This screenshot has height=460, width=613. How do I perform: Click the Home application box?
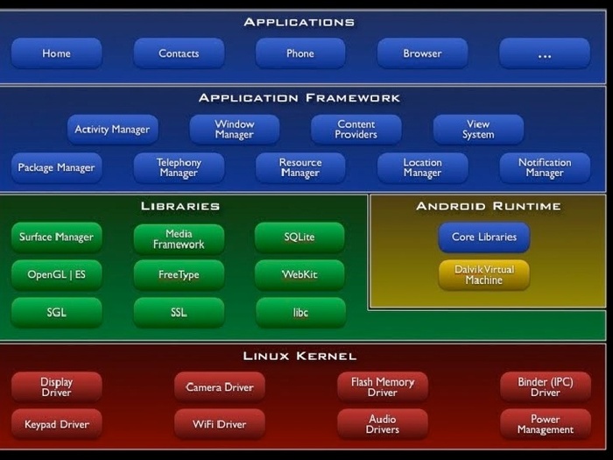click(x=57, y=53)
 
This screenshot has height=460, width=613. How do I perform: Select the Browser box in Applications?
click(x=422, y=53)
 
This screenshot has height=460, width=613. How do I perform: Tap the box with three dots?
click(x=544, y=53)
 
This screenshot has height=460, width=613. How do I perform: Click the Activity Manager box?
click(x=112, y=130)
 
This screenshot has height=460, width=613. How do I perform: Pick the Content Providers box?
click(x=356, y=130)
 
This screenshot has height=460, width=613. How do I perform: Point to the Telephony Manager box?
click(x=179, y=167)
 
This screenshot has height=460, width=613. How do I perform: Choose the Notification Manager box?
click(x=544, y=167)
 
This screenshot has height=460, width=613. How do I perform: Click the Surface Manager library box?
click(x=57, y=237)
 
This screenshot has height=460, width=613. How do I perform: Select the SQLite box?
click(x=299, y=237)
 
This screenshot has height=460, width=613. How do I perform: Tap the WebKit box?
click(x=299, y=275)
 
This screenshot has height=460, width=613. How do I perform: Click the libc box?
click(x=299, y=313)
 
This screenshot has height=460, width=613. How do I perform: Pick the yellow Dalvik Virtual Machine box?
click(x=483, y=274)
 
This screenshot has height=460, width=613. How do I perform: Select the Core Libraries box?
click(x=483, y=237)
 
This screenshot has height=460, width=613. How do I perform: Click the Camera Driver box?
click(x=220, y=387)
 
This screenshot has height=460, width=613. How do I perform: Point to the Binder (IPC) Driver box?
click(x=544, y=387)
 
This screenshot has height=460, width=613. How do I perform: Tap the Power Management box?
click(x=544, y=424)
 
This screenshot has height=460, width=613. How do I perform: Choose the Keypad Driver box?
click(x=57, y=425)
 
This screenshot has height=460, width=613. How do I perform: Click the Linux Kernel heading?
click(x=299, y=356)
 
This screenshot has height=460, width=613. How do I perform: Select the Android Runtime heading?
click(x=488, y=207)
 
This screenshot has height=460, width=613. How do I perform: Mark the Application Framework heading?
click(x=299, y=98)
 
